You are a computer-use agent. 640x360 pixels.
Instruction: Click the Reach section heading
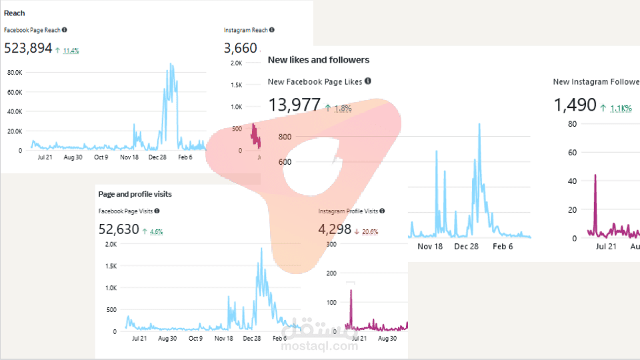pos(14,13)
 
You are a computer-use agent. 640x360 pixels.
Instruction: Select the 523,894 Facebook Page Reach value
pos(28,48)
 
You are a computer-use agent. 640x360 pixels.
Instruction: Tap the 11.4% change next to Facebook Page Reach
pos(71,50)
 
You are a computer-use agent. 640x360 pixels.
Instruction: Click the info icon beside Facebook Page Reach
pos(65,30)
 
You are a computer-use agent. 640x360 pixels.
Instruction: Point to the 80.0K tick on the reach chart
pos(14,72)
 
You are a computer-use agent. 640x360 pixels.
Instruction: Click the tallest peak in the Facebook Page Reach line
pos(171,65)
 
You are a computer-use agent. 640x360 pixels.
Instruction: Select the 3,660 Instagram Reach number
pos(240,48)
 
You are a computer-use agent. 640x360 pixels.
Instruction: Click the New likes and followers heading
pos(318,60)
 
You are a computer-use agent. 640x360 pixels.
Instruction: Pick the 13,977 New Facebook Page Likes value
pos(294,105)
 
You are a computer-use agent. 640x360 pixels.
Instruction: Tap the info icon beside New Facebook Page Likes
pos(368,81)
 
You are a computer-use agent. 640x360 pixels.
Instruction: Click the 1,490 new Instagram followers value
pos(575,105)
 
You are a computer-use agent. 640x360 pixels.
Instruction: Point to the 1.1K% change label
pos(621,108)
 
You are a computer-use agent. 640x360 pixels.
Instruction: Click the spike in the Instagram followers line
pos(595,175)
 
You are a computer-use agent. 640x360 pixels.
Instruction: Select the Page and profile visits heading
pos(135,194)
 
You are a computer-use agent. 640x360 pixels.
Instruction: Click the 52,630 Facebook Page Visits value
pos(119,230)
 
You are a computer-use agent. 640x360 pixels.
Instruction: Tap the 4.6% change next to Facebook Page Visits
pos(156,232)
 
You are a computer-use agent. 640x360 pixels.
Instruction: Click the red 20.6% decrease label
pos(370,232)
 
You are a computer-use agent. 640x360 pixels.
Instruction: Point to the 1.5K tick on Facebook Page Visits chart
pos(110,266)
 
